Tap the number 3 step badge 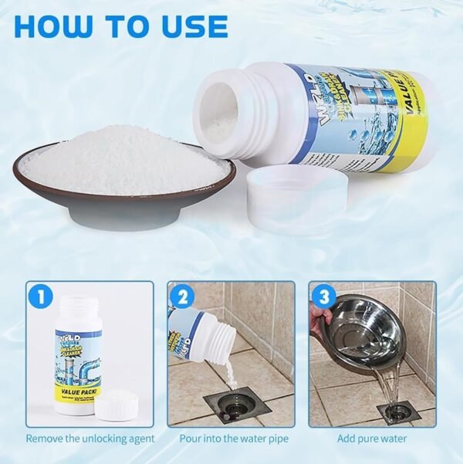[322, 295]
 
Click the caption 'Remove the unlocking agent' [90, 439]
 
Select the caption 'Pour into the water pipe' [231, 439]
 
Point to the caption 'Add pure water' [372, 439]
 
